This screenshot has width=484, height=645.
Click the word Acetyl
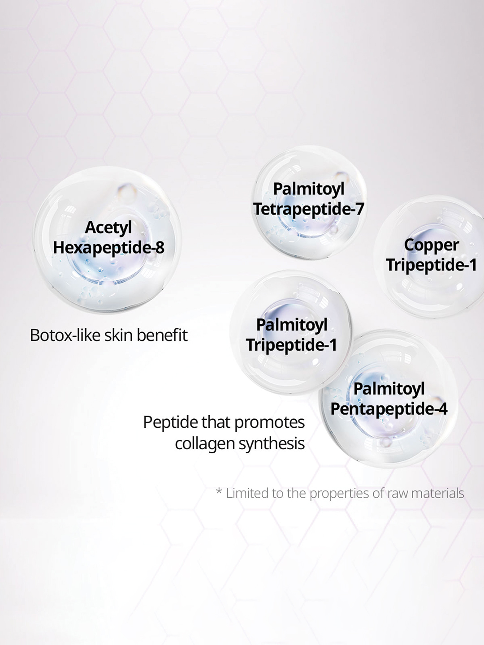click(108, 228)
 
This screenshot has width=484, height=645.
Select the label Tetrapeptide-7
click(309, 209)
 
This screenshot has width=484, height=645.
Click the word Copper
click(431, 245)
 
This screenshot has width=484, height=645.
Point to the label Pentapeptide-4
click(389, 409)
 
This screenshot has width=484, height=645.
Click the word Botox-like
click(65, 335)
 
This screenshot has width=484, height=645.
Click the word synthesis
click(272, 444)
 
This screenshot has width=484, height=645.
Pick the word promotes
click(269, 423)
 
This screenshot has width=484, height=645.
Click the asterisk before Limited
click(219, 491)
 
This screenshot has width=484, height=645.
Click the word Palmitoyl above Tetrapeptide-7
click(309, 189)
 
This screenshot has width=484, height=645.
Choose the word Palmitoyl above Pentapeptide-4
click(389, 389)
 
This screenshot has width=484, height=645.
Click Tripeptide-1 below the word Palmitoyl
click(291, 345)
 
